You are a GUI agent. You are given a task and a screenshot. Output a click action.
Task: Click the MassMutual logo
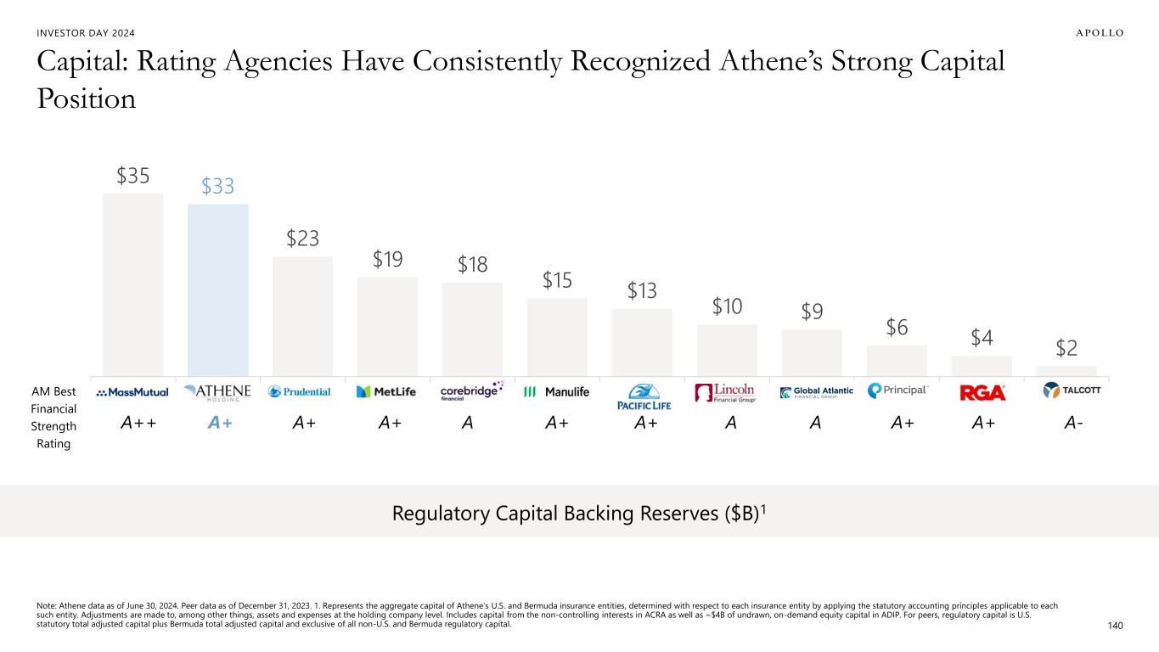(x=132, y=392)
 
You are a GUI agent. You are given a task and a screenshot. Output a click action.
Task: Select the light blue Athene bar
(x=217, y=289)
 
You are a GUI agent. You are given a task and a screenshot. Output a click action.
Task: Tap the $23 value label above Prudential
(x=302, y=239)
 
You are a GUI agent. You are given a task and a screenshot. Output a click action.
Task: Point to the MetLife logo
(x=386, y=391)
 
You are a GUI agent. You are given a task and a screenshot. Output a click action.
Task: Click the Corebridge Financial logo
(x=472, y=391)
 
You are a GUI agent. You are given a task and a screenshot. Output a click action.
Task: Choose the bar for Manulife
(x=557, y=335)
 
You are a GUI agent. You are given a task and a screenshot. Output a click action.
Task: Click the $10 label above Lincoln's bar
(x=727, y=306)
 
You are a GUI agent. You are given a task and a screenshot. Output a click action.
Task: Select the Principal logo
(x=897, y=391)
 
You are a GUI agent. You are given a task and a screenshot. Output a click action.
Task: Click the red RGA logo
(x=982, y=393)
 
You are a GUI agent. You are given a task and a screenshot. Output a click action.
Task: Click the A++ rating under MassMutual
(x=138, y=424)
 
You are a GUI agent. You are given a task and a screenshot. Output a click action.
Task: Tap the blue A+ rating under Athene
(x=221, y=424)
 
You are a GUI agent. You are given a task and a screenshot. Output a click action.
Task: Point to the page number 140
(x=1116, y=626)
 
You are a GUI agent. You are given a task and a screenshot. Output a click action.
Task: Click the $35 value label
(x=133, y=176)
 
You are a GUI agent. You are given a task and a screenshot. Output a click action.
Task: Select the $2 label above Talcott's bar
(x=1067, y=348)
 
